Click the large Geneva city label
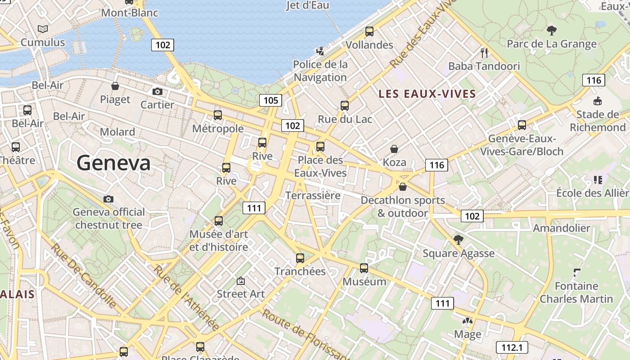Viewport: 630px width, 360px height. point(113,162)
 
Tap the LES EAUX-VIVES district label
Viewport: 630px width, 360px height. point(427,94)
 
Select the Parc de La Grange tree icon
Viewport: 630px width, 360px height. point(551,31)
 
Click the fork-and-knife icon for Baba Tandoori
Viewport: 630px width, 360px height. point(484,53)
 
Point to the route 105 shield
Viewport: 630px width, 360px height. point(270,100)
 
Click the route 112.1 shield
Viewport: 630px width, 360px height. point(512,347)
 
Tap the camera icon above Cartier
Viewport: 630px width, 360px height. point(157,91)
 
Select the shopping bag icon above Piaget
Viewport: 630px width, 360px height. point(115,86)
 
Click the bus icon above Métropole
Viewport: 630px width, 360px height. point(218,115)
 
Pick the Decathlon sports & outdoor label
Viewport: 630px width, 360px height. point(403,207)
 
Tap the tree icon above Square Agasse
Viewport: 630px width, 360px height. point(459,239)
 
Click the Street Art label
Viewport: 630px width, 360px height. point(241,294)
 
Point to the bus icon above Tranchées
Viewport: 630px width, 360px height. point(300,258)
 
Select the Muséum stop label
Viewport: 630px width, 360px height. point(364,282)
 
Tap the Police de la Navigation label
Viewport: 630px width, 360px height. point(320,71)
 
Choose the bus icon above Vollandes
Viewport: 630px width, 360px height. point(369,31)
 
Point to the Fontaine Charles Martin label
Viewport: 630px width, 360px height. point(576,292)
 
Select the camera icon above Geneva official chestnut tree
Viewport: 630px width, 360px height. point(108,199)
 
